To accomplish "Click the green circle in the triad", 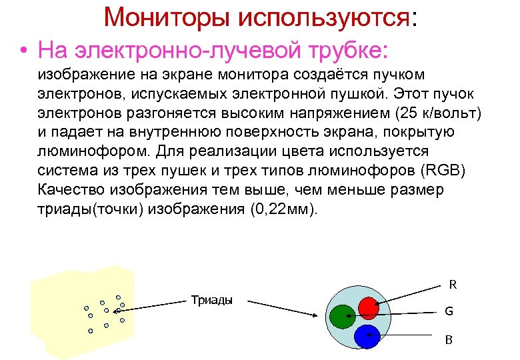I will pos(343,317).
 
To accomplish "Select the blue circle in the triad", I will pos(367,337).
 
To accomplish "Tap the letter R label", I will pos(453,285).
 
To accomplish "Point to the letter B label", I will pos(449,340).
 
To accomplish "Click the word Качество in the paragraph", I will pos(70,189).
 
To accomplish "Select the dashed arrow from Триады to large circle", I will pos(287,307).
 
